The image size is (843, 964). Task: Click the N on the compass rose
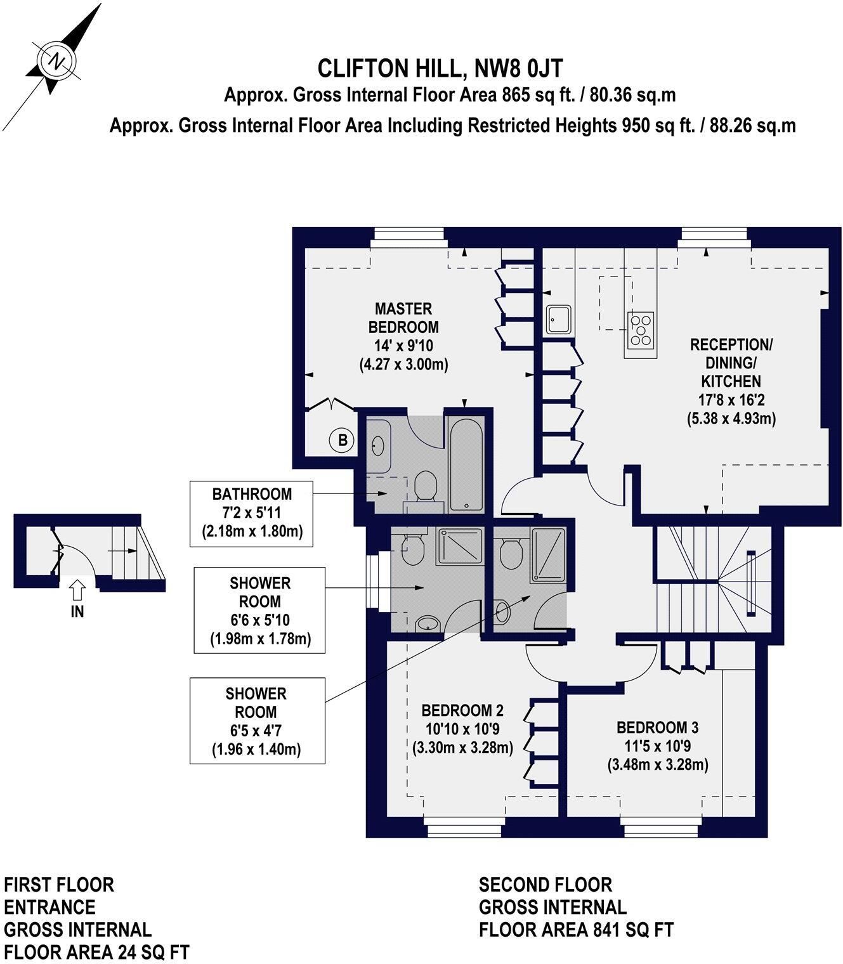[x=58, y=60]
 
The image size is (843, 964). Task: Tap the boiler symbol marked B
[x=343, y=440]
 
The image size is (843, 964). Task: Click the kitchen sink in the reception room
[x=559, y=320]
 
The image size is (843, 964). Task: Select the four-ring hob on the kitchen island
[x=641, y=329]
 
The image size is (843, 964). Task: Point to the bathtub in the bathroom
[x=466, y=465]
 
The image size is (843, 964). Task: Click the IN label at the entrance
[x=77, y=611]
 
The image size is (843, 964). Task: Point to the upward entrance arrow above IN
[x=77, y=589]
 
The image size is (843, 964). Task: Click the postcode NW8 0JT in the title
[x=518, y=68]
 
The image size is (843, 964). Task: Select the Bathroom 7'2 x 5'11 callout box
[x=251, y=514]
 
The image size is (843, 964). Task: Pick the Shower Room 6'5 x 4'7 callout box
[x=258, y=720]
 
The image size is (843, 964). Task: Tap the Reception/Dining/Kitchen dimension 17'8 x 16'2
[x=731, y=400]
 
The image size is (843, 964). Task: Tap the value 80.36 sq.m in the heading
[x=633, y=96]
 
